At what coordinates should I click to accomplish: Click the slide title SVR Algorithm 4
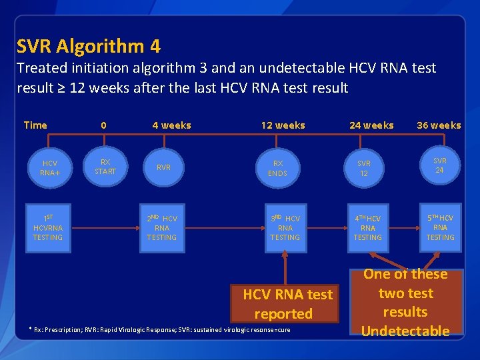click(x=88, y=47)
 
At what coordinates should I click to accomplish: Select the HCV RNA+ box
click(x=49, y=167)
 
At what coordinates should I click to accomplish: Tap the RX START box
click(x=105, y=167)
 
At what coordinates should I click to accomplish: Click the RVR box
click(x=162, y=167)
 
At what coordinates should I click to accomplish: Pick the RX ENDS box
click(x=278, y=168)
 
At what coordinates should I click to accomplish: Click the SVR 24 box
click(x=440, y=165)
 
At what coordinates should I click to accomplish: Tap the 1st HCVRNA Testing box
click(x=48, y=227)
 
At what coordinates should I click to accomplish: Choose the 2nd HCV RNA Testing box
click(x=162, y=227)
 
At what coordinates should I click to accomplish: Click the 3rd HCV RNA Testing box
click(x=285, y=227)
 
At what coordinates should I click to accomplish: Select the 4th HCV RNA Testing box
click(x=367, y=227)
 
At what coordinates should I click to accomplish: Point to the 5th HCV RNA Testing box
click(x=440, y=227)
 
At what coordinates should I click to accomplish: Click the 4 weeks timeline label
click(x=171, y=125)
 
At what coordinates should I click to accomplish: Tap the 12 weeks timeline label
click(x=283, y=125)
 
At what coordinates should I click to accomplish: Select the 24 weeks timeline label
click(x=371, y=125)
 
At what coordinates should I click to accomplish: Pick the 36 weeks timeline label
click(x=439, y=125)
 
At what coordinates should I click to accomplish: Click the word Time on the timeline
click(x=35, y=125)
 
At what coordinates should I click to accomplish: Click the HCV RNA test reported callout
click(x=287, y=303)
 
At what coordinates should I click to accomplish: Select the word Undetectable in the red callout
click(x=405, y=331)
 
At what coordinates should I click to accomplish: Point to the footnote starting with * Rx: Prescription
click(x=160, y=330)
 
